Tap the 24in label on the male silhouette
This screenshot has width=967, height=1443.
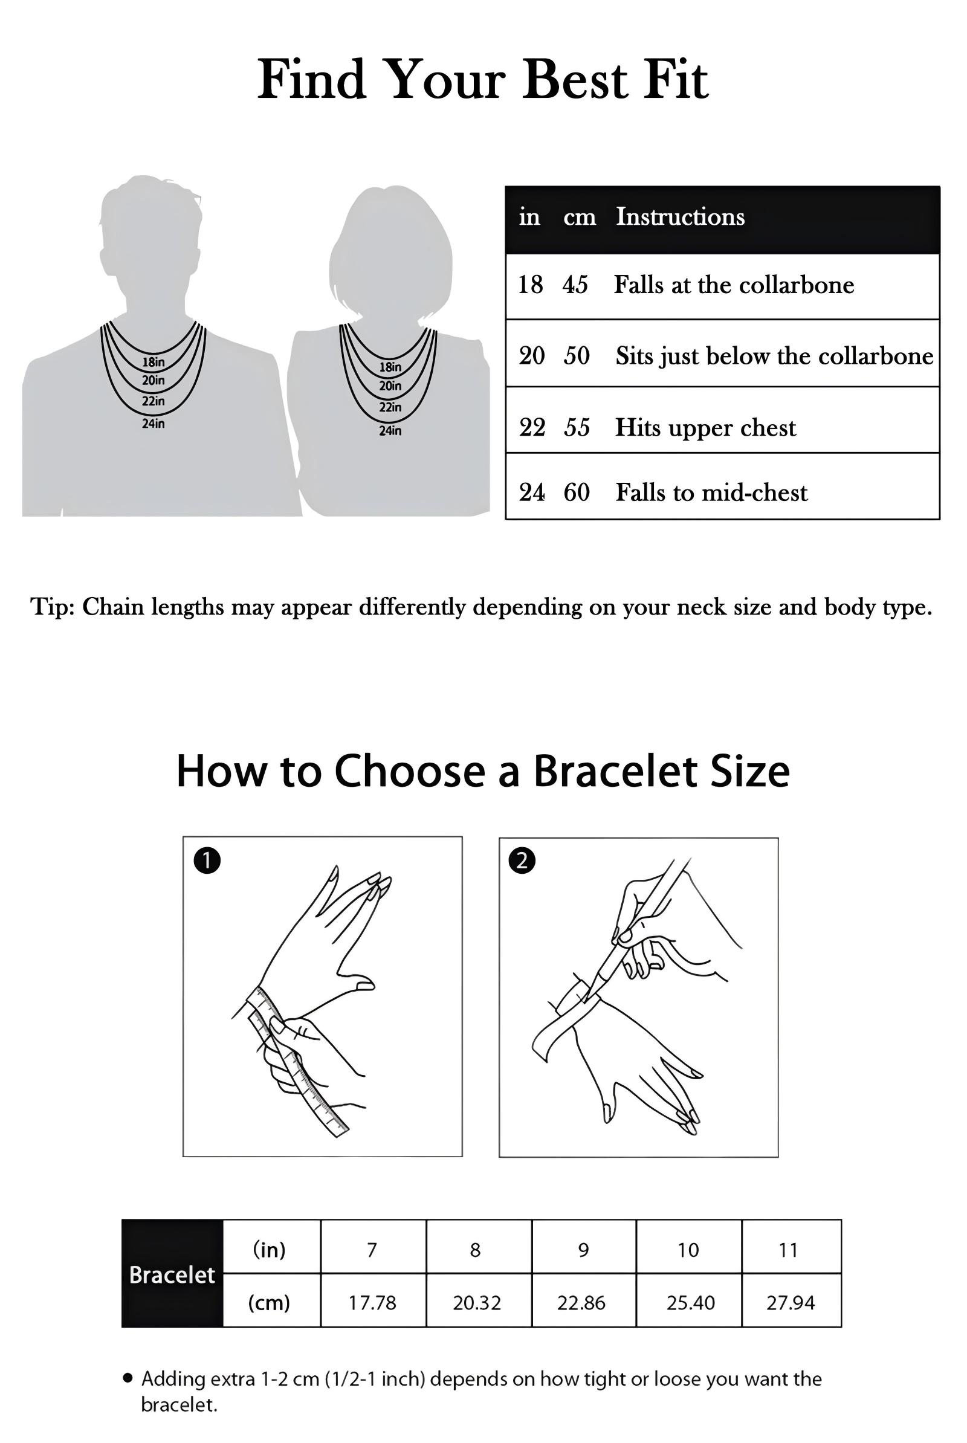pos(153,424)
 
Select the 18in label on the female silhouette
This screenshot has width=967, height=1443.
pos(390,367)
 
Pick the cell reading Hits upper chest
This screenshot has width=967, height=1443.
pos(705,428)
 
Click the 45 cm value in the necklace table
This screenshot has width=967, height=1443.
pos(575,285)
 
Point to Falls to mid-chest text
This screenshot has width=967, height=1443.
pos(711,492)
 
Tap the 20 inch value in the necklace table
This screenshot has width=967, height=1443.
pos(531,356)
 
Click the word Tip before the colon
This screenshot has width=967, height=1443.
pos(52,607)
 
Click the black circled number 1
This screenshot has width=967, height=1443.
pos(207,860)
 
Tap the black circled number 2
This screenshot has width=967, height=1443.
pos(522,860)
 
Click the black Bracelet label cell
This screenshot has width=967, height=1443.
pos(172,1274)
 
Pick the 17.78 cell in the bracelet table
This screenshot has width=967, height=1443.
pos(372,1302)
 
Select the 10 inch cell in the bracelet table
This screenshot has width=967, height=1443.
pos(688,1250)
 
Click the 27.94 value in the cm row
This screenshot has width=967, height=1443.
pos(790,1302)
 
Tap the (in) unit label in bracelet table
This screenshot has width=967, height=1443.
pos(270,1250)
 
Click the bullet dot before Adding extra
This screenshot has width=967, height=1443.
pos(128,1378)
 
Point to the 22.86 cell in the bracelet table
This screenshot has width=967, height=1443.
pos(581,1302)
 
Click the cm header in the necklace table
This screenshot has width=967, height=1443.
pos(579,217)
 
